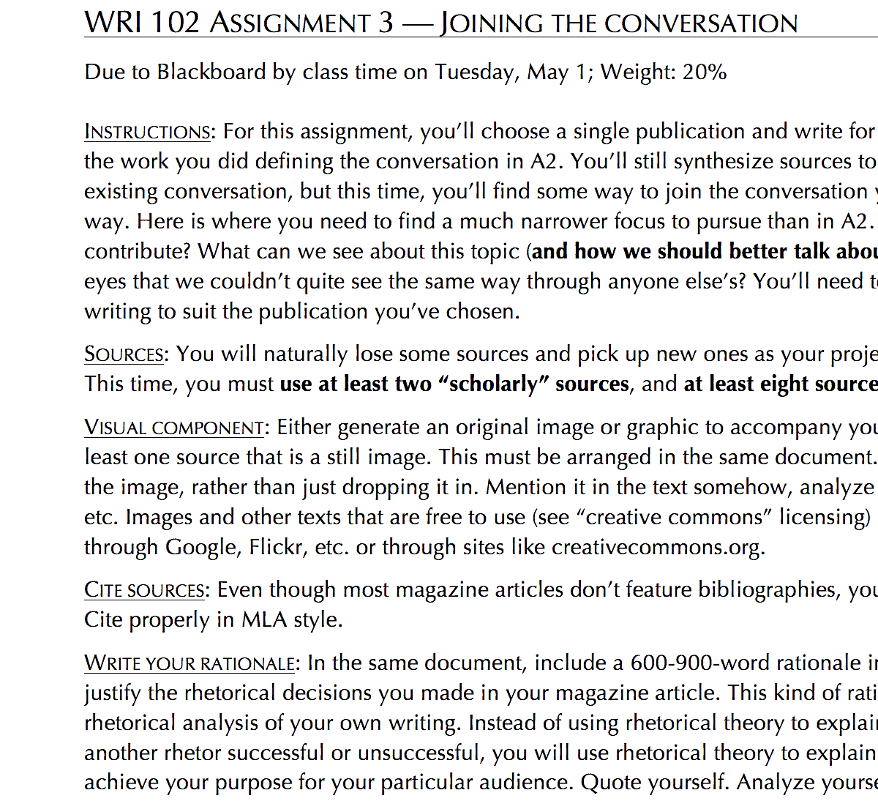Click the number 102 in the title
[175, 23]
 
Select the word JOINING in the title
[491, 23]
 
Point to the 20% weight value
[705, 72]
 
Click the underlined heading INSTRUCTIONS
[148, 132]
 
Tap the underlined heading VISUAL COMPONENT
[174, 428]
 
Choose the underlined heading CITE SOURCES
[145, 590]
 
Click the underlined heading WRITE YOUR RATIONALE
[190, 663]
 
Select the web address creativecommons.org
[656, 548]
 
